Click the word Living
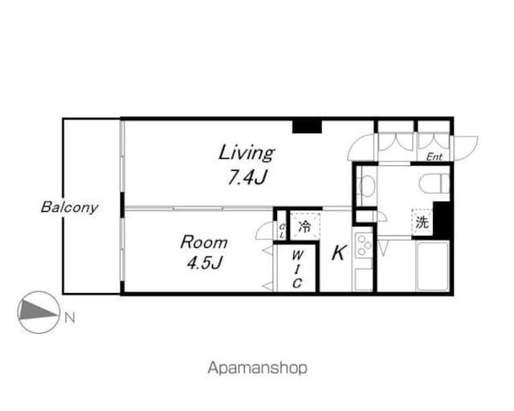pyautogui.click(x=247, y=153)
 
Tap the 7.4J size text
pyautogui.click(x=247, y=178)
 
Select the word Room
pyautogui.click(x=204, y=242)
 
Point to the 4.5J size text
pyautogui.click(x=205, y=262)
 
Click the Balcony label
pyautogui.click(x=70, y=207)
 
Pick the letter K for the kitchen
pyautogui.click(x=338, y=253)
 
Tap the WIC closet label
pyautogui.click(x=297, y=269)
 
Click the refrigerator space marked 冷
pyautogui.click(x=304, y=226)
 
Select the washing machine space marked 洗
pyautogui.click(x=422, y=222)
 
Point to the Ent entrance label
pyautogui.click(x=434, y=157)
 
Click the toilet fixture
pyautogui.click(x=434, y=184)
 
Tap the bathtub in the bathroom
pyautogui.click(x=433, y=267)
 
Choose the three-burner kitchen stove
pyautogui.click(x=363, y=245)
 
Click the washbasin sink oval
pyautogui.click(x=367, y=186)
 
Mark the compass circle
pyautogui.click(x=39, y=312)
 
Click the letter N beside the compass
pyautogui.click(x=70, y=318)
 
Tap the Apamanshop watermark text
pyautogui.click(x=257, y=368)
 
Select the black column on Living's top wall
pyautogui.click(x=307, y=127)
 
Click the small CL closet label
pyautogui.click(x=282, y=230)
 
